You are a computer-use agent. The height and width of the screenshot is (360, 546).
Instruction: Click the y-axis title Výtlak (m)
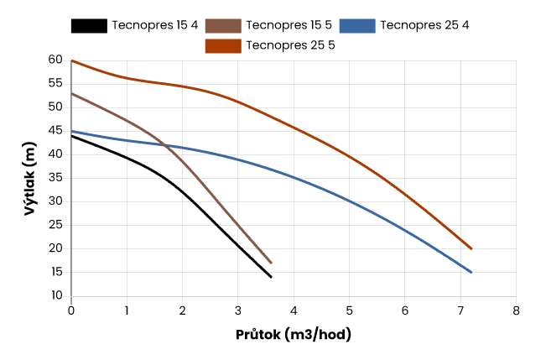coord(30,178)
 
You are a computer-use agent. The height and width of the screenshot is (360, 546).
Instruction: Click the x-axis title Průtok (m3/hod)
coord(294,334)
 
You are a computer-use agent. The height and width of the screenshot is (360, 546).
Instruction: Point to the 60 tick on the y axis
coord(56,60)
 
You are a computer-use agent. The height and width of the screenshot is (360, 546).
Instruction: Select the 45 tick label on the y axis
coord(56,131)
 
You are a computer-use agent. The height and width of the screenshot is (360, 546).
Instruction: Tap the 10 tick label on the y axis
coord(56,295)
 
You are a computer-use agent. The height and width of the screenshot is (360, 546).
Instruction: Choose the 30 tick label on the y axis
coord(56,201)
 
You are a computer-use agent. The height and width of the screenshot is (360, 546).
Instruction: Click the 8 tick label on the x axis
coord(516,310)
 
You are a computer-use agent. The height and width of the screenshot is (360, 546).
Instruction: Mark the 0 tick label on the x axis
coord(71,310)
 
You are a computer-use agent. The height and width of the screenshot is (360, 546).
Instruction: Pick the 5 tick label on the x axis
coord(349,310)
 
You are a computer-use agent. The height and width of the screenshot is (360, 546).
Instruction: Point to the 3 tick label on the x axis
coord(238,310)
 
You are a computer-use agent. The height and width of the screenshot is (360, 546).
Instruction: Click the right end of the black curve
coord(271,277)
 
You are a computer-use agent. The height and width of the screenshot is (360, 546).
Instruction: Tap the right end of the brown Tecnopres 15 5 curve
coord(271,263)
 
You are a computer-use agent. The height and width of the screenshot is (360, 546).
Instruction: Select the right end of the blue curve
coord(471,273)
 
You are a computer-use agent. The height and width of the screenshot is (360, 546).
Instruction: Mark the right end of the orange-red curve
coord(471,249)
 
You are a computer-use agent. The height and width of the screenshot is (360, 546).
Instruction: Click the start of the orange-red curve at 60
coord(72,60)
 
